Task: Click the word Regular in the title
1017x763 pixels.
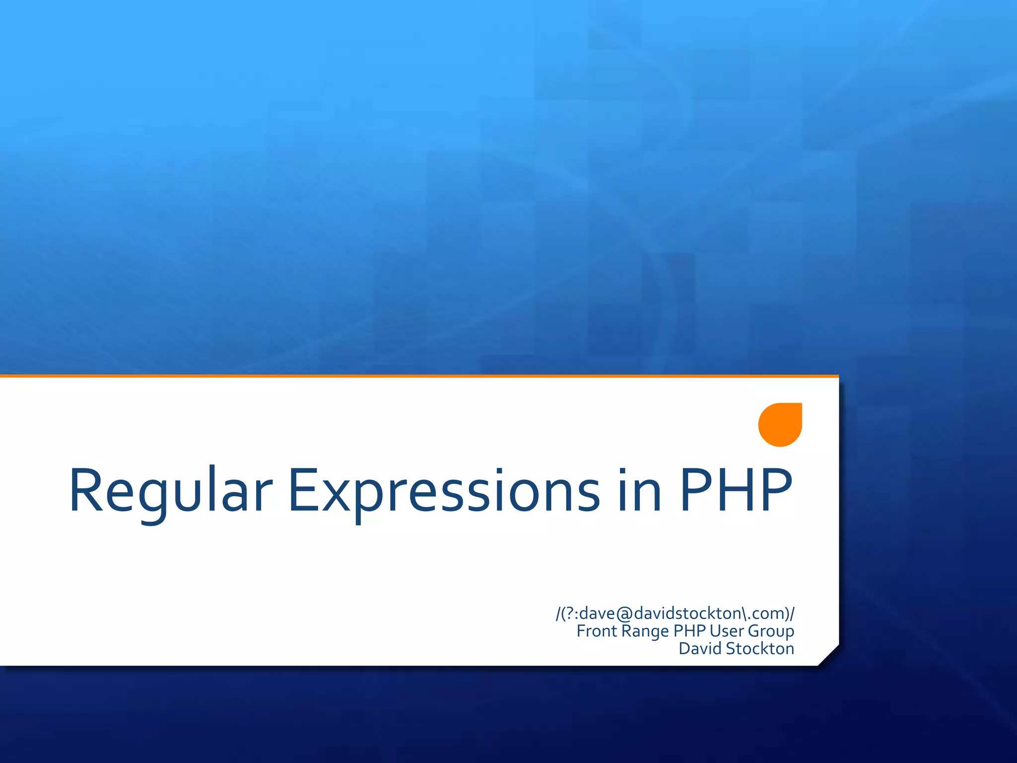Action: click(170, 491)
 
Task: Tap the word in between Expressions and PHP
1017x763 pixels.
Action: click(640, 491)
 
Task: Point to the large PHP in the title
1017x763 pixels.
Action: click(735, 491)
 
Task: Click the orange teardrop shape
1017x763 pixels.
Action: click(780, 425)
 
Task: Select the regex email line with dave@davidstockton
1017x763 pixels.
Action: click(675, 613)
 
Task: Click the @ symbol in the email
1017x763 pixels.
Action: click(625, 614)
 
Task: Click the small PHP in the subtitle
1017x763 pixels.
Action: click(689, 631)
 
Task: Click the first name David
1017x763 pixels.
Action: click(700, 649)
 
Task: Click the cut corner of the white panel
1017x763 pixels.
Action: click(828, 655)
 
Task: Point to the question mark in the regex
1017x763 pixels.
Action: click(569, 613)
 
